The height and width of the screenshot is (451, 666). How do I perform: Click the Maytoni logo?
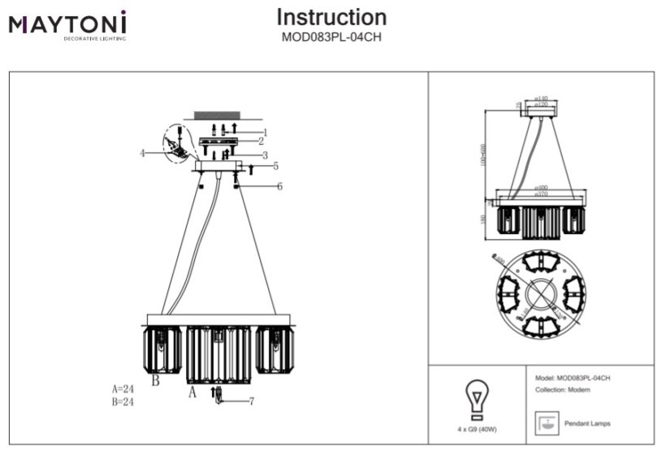point(67,25)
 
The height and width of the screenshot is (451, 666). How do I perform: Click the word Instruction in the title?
point(331,17)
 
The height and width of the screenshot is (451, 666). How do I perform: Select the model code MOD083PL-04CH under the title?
point(331,37)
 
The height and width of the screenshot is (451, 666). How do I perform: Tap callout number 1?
point(265,132)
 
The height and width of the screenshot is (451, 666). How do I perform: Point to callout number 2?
point(261,141)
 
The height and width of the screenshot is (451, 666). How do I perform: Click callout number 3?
point(265,155)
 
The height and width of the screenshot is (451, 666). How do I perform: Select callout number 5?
point(275,166)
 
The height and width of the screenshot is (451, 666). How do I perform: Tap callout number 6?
point(279,186)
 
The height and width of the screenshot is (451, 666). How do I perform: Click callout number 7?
point(252,401)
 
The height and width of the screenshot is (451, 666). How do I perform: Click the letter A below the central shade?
point(192,392)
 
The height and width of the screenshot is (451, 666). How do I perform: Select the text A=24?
point(123,389)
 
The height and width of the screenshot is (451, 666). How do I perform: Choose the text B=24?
point(123,401)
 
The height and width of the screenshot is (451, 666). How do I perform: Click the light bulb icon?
point(474,398)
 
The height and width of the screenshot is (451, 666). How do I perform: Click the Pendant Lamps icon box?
point(548,423)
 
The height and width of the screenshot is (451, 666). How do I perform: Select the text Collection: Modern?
point(563,391)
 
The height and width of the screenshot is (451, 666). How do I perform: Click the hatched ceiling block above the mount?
point(216,115)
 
